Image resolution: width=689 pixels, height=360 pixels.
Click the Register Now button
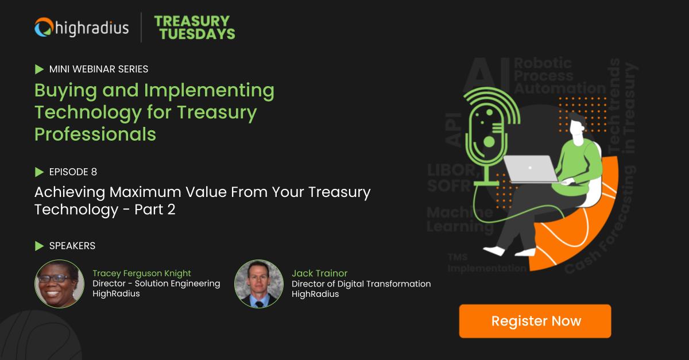click(x=535, y=321)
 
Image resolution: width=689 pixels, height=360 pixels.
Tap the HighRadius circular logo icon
click(x=44, y=27)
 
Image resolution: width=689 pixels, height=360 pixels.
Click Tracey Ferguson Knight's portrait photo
click(x=59, y=284)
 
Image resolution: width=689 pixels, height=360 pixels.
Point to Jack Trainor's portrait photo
click(x=259, y=284)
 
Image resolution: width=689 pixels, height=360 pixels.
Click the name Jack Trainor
click(x=319, y=273)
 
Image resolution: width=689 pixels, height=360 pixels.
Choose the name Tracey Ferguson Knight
click(x=142, y=273)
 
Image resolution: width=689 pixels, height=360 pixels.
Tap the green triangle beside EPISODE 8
click(x=39, y=172)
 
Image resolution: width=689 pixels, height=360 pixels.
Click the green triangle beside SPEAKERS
click(x=39, y=246)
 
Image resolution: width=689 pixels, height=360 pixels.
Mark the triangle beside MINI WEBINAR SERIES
click(x=39, y=69)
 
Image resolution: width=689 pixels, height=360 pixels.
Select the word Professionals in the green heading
click(x=95, y=134)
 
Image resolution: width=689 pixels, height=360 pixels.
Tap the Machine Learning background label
click(x=459, y=220)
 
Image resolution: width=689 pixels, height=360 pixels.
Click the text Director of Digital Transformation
click(x=361, y=284)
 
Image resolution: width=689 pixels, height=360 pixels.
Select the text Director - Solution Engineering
click(x=156, y=284)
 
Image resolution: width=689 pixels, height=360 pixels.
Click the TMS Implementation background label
click(x=486, y=264)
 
